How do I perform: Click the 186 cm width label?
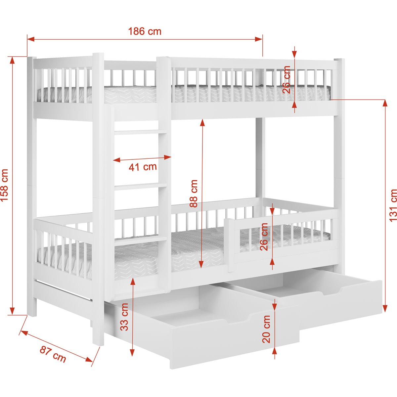pyautogui.click(x=145, y=31)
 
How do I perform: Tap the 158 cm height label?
pyautogui.click(x=5, y=185)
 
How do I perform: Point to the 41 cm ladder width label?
pyautogui.click(x=143, y=167)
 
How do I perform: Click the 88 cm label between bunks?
pyautogui.click(x=194, y=194)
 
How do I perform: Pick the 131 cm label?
pyautogui.click(x=393, y=205)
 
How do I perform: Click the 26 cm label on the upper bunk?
pyautogui.click(x=286, y=79)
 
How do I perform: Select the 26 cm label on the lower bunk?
pyautogui.click(x=264, y=237)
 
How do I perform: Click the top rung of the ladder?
pyautogui.click(x=140, y=132)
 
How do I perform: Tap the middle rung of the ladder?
pyautogui.click(x=140, y=187)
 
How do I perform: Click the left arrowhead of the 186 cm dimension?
pyautogui.click(x=30, y=39)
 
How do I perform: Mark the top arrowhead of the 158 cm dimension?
pyautogui.click(x=12, y=60)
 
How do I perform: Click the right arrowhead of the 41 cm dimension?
pyautogui.click(x=168, y=157)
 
